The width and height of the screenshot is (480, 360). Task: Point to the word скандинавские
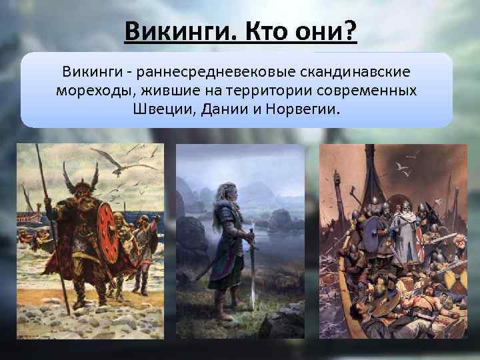point(357,70)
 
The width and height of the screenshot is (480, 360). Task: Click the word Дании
point(221,109)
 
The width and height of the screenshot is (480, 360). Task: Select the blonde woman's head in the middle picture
point(220,197)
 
